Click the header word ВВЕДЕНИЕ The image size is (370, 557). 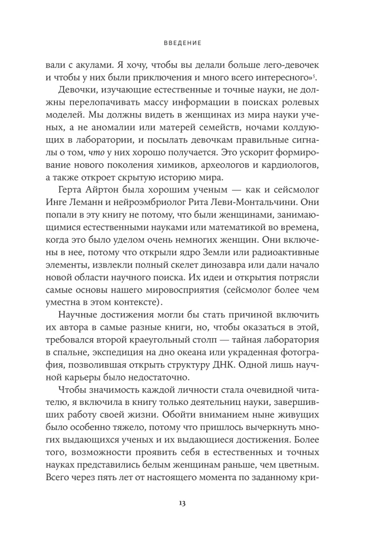(x=184, y=42)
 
